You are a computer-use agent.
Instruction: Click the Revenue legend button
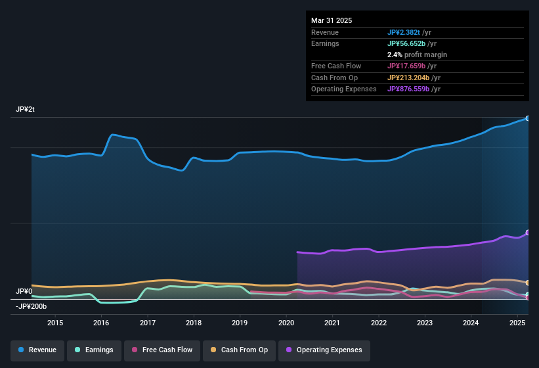click(x=37, y=350)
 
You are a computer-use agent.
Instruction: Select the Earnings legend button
click(x=95, y=350)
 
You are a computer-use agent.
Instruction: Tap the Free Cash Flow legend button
click(x=163, y=350)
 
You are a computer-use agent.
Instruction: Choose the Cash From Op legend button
click(x=238, y=350)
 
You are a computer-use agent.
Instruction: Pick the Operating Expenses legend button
click(x=324, y=350)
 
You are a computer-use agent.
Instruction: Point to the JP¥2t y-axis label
click(x=25, y=110)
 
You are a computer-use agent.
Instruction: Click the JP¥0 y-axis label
click(x=24, y=291)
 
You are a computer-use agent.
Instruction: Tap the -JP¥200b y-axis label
click(x=31, y=306)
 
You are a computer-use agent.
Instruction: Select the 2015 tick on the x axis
click(x=55, y=323)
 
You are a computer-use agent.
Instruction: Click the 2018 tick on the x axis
click(x=194, y=323)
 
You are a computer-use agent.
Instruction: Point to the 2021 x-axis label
click(x=332, y=323)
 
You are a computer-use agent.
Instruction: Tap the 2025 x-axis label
click(x=517, y=323)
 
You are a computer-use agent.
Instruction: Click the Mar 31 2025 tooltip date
click(x=332, y=20)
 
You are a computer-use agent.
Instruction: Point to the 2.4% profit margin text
click(x=417, y=55)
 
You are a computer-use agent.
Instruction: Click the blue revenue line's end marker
click(x=527, y=118)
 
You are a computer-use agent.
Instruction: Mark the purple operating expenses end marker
click(x=527, y=233)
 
